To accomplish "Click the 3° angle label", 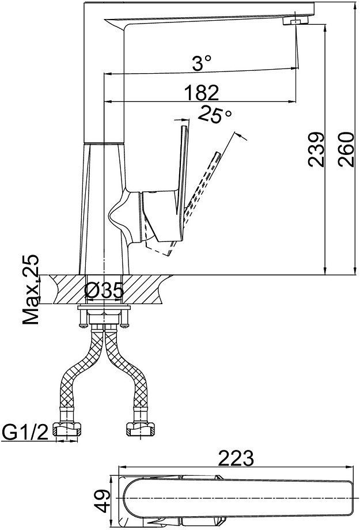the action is click(x=202, y=63).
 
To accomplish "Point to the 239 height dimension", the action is click(x=316, y=149).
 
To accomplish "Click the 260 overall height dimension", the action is click(x=346, y=149).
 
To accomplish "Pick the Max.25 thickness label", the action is click(x=31, y=289).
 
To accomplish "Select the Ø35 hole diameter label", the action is click(x=104, y=291).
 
